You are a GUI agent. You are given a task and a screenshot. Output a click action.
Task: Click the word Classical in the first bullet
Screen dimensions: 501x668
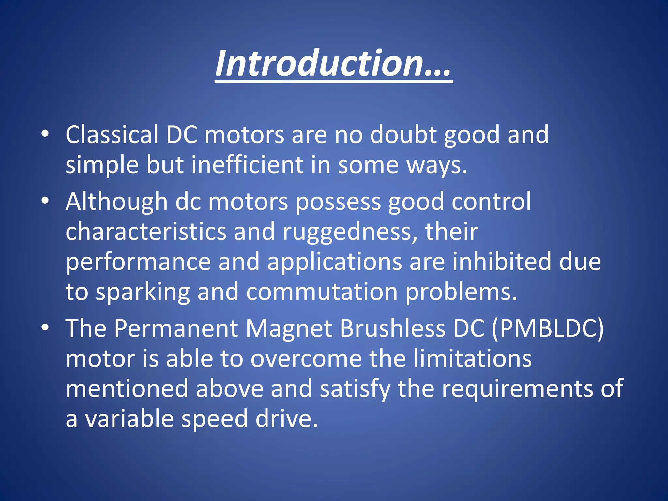tap(112, 134)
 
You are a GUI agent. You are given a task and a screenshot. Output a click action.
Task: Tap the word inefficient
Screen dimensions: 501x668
tap(247, 165)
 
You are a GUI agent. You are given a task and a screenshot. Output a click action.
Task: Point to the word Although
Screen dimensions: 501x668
tap(116, 202)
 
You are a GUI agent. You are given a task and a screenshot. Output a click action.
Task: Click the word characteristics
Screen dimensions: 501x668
tap(146, 232)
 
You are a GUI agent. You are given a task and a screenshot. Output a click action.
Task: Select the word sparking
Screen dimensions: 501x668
tap(143, 292)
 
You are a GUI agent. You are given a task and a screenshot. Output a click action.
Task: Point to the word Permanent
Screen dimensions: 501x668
tap(176, 328)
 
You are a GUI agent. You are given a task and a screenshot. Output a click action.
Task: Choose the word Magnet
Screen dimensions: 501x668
tap(289, 329)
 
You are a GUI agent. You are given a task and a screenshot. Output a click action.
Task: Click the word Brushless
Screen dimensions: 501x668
tap(392, 328)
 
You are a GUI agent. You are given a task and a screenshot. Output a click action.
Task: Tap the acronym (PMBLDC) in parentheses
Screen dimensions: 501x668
tap(548, 329)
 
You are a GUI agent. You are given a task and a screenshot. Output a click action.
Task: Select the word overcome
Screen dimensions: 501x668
tap(306, 358)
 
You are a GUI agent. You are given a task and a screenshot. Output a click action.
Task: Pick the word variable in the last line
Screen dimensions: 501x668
tap(129, 419)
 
